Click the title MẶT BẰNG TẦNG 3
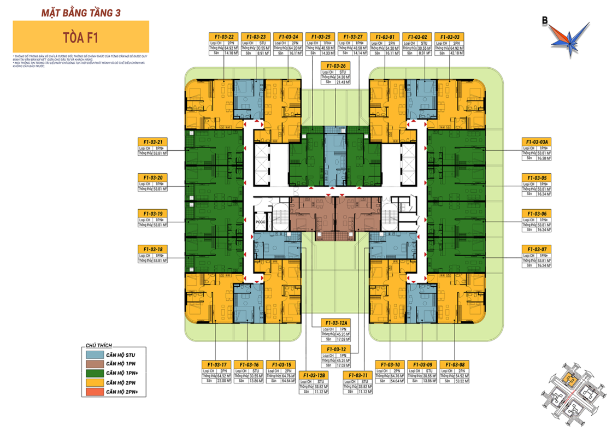[80, 11]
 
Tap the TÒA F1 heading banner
[80, 36]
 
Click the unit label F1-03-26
[336, 66]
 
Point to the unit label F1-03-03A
[536, 141]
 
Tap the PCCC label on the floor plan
[261, 222]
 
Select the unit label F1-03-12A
[336, 322]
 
